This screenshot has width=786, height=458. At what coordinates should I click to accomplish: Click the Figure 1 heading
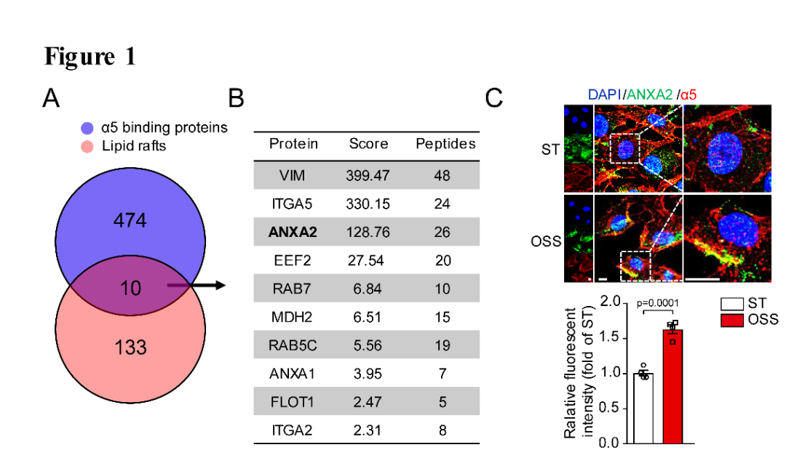pyautogui.click(x=90, y=57)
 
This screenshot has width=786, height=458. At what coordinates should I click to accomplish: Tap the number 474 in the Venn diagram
pyautogui.click(x=129, y=221)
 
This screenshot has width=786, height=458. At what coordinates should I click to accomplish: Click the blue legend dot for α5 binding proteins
pyautogui.click(x=87, y=128)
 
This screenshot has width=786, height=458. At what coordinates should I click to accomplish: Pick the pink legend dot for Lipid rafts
pyautogui.click(x=87, y=146)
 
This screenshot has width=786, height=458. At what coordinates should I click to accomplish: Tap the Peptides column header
pyautogui.click(x=445, y=143)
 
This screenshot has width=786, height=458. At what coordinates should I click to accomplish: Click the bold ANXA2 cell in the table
pyautogui.click(x=293, y=232)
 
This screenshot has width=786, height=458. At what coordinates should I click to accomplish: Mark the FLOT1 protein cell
pyautogui.click(x=293, y=402)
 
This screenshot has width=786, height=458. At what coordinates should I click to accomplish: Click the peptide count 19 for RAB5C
pyautogui.click(x=442, y=345)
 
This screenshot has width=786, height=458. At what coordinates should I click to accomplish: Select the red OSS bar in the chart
pyautogui.click(x=673, y=386)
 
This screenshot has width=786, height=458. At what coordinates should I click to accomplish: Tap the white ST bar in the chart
pyautogui.click(x=643, y=408)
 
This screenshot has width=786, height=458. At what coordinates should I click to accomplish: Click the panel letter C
pyautogui.click(x=494, y=97)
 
